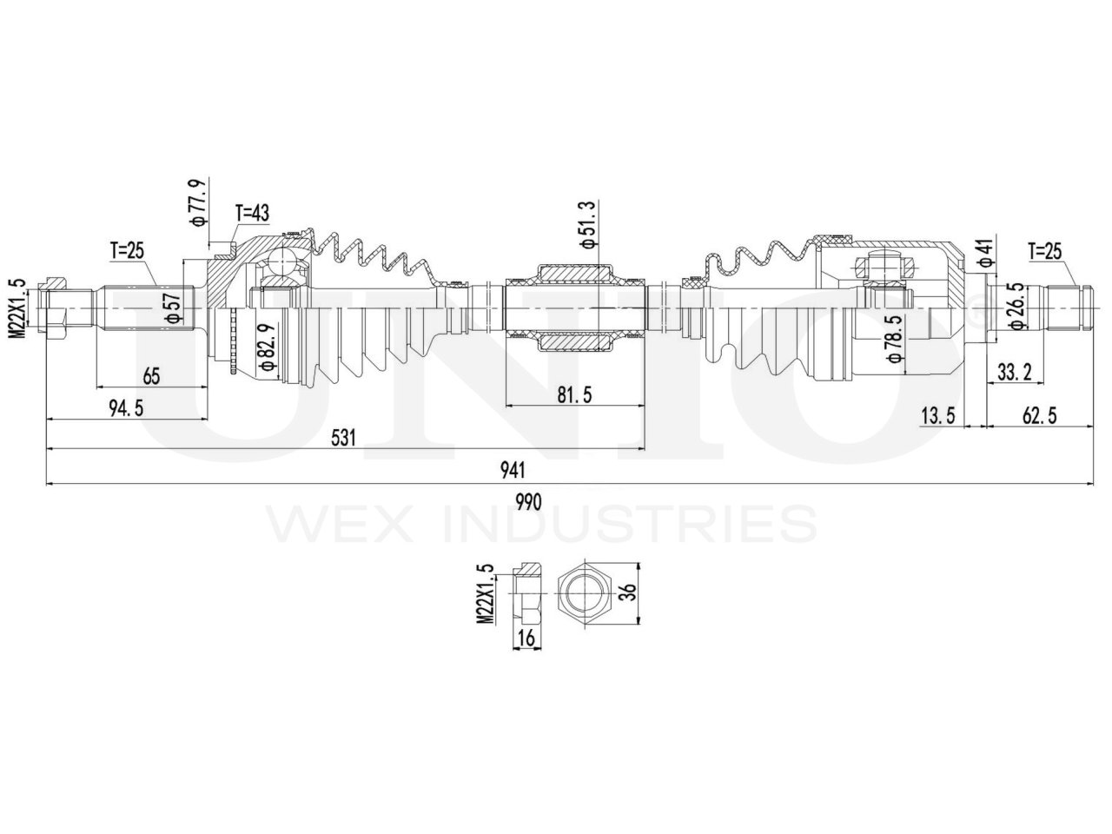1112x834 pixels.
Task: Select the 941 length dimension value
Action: pyautogui.click(x=513, y=470)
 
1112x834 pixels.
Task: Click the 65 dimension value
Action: pyautogui.click(x=152, y=376)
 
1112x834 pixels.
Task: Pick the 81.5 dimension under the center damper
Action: pyautogui.click(x=573, y=395)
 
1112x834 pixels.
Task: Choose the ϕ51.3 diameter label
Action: pyautogui.click(x=589, y=222)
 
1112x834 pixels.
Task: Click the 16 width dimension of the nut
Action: pyautogui.click(x=526, y=639)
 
